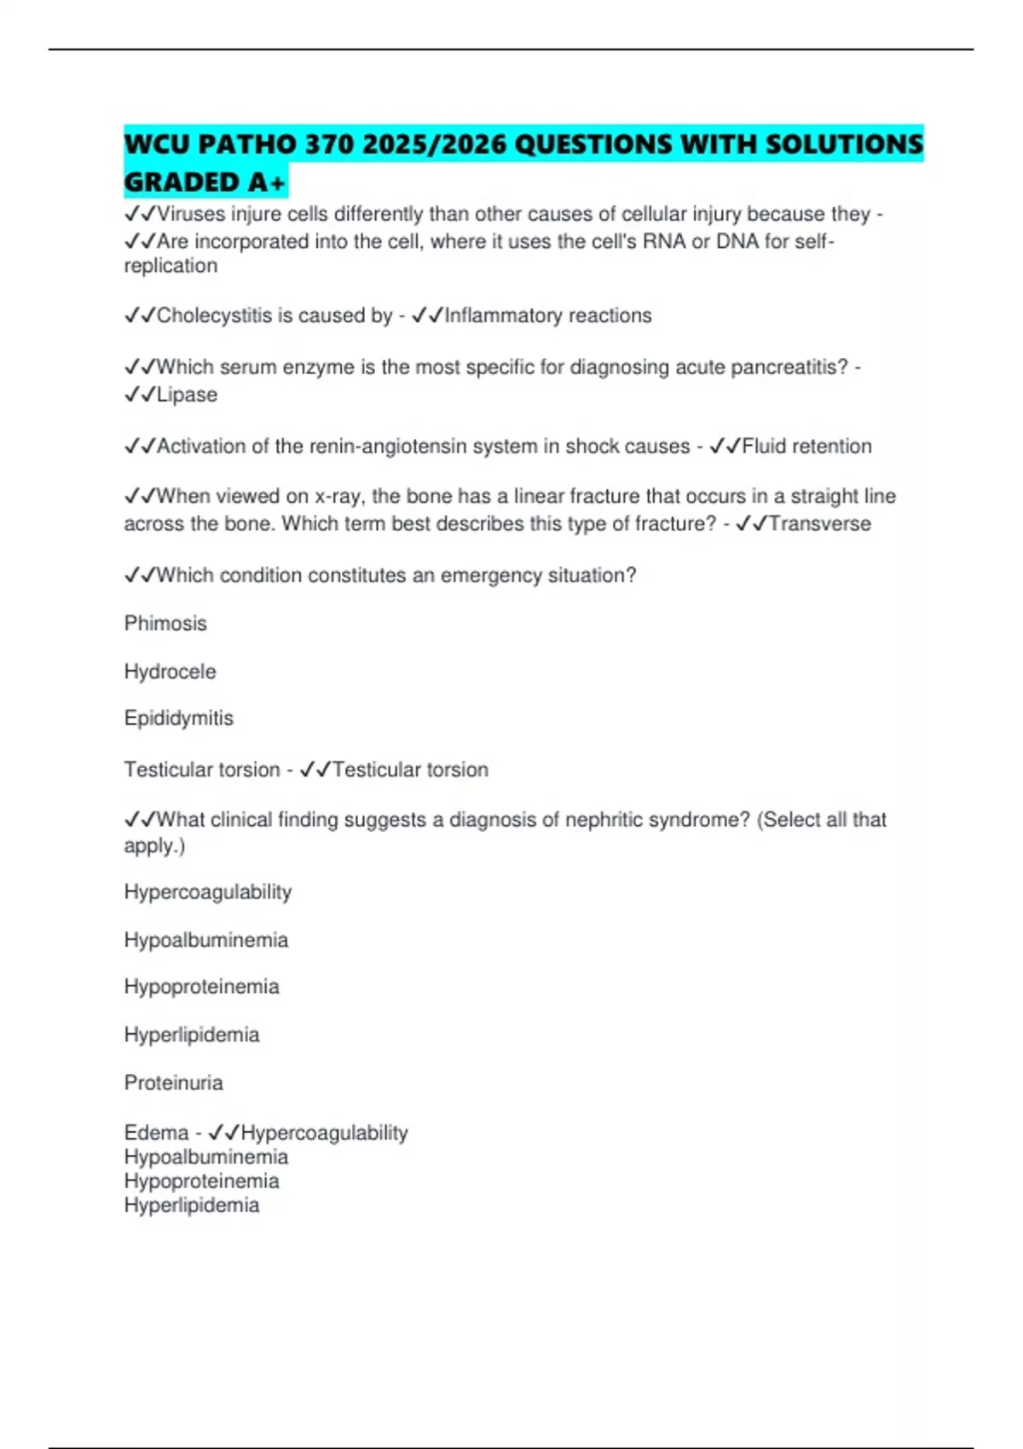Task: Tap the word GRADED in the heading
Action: (182, 182)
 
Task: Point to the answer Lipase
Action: (187, 395)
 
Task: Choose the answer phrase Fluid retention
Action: (806, 446)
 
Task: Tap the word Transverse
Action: (819, 523)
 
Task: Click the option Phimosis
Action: (165, 623)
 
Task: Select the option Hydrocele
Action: (170, 672)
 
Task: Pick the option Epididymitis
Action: (178, 718)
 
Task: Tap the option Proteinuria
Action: (173, 1082)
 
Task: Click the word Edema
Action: (156, 1133)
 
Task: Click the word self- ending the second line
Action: (814, 241)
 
